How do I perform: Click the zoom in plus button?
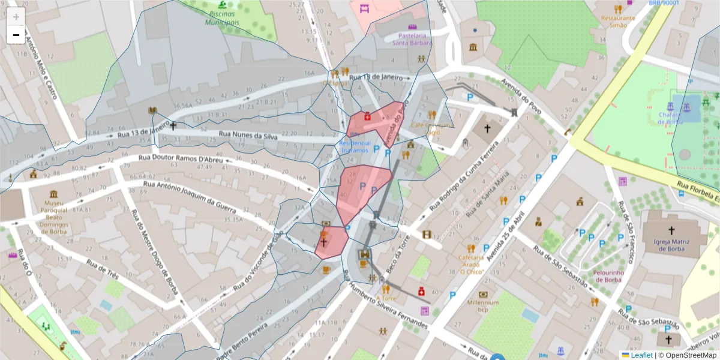point(16,17)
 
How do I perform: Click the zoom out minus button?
point(16,35)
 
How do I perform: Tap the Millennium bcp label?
point(483,306)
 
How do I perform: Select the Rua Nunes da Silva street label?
point(248,136)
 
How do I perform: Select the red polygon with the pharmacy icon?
point(375,123)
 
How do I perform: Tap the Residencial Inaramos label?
point(355,147)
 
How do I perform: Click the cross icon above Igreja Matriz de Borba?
point(671,230)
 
